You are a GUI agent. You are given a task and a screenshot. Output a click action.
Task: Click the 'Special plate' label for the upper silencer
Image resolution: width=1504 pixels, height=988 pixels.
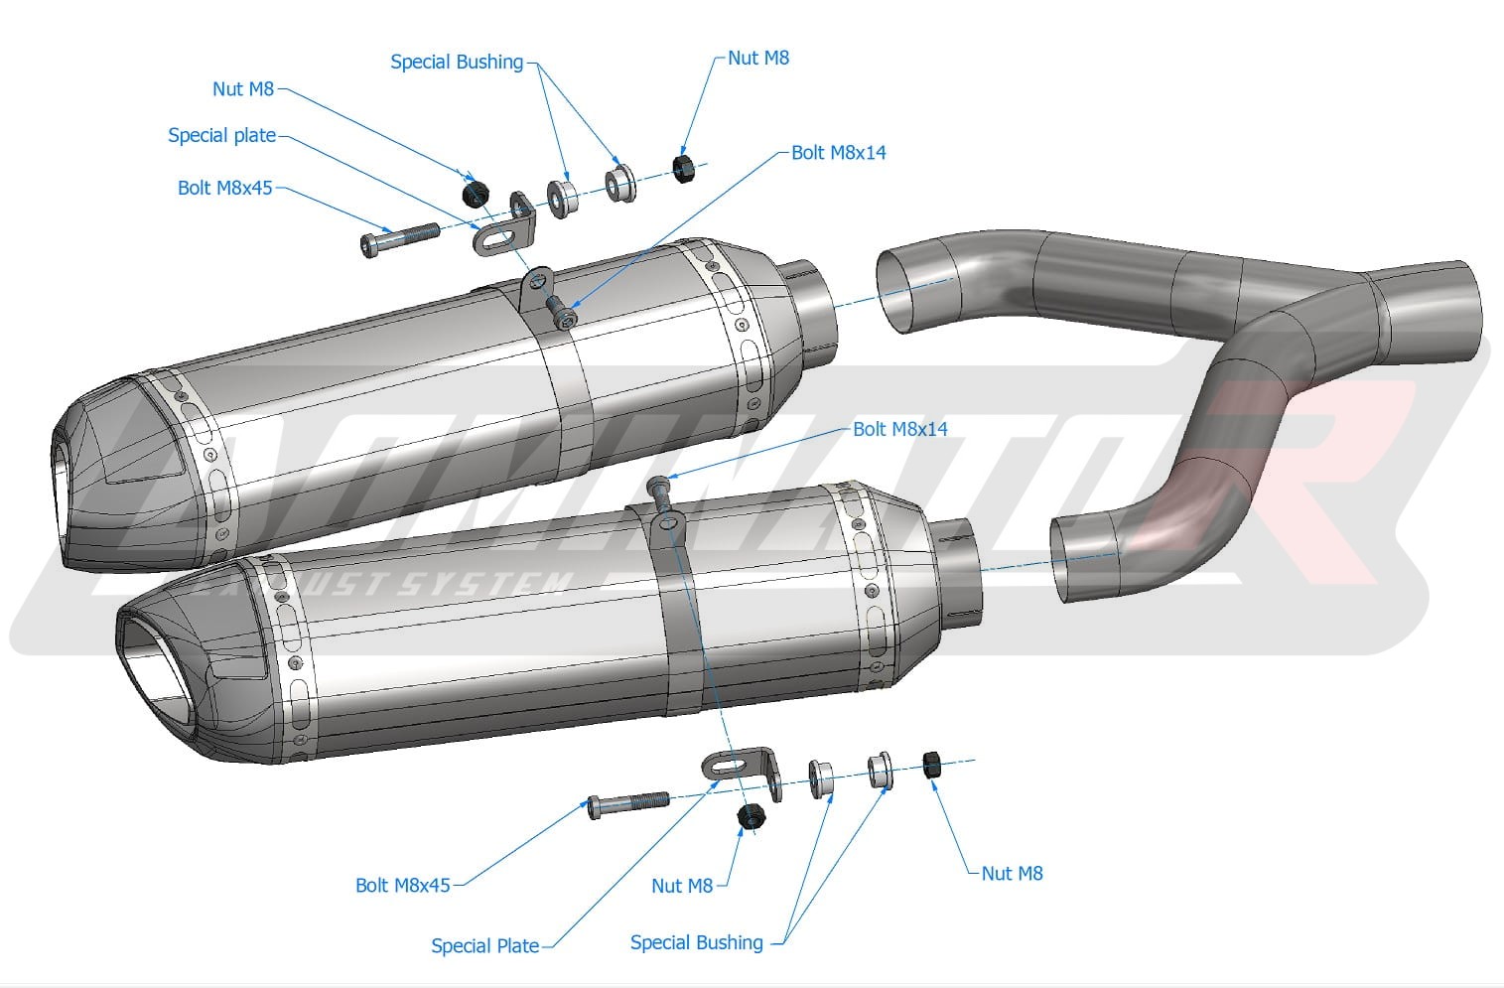(x=221, y=135)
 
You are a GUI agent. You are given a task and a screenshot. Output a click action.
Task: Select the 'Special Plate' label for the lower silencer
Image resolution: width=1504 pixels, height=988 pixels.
(x=484, y=946)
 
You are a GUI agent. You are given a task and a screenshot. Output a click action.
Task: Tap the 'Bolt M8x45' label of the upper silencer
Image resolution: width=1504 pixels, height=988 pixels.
(x=224, y=188)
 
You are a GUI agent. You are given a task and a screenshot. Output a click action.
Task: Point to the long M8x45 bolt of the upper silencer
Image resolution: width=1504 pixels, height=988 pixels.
(x=399, y=238)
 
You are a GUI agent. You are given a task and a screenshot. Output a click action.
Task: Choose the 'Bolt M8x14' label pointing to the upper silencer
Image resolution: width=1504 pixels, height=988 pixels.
(x=838, y=153)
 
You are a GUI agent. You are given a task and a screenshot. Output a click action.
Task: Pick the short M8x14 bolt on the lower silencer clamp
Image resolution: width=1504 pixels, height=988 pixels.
(x=659, y=487)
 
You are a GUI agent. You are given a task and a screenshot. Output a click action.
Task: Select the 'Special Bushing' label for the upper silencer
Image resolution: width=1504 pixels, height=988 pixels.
(x=456, y=62)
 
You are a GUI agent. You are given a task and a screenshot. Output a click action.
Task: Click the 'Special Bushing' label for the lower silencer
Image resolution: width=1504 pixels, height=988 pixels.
(x=696, y=942)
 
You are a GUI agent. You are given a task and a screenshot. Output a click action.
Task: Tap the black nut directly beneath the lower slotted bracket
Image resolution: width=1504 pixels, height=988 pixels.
(x=752, y=817)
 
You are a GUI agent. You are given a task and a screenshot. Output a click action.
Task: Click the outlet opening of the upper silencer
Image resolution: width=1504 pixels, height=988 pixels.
(x=63, y=496)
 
